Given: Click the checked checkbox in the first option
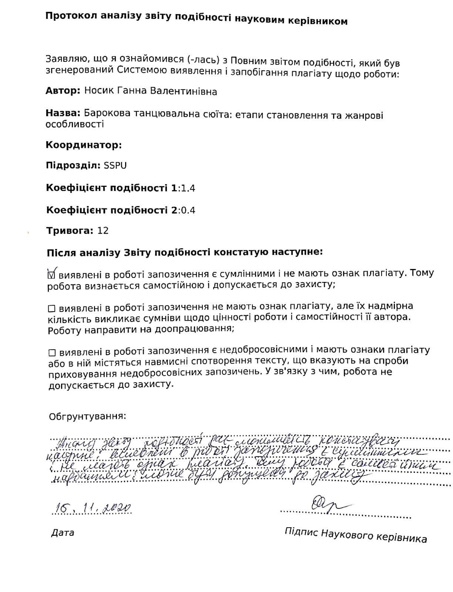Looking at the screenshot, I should click(52, 274).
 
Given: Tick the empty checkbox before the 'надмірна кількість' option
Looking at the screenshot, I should click(52, 308).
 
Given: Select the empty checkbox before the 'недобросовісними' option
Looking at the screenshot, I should click(52, 351).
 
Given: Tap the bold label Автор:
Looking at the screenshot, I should click(63, 91).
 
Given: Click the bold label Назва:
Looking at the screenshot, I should click(63, 113).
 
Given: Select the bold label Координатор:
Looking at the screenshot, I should click(84, 145).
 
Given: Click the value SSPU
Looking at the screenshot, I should click(115, 165).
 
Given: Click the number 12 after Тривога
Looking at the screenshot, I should click(103, 231).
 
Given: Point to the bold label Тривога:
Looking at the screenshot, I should click(69, 231).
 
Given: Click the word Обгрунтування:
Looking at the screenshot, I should click(87, 416).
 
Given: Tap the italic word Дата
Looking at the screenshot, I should click(63, 533).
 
